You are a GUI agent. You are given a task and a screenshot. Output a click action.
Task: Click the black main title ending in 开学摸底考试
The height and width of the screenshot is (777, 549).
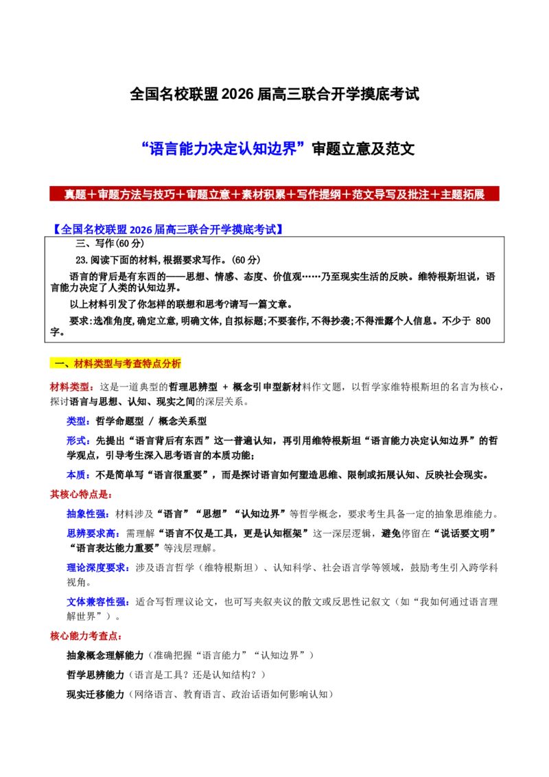pos(274,93)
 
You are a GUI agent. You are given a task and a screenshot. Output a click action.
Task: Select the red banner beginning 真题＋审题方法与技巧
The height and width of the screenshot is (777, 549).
pos(274,194)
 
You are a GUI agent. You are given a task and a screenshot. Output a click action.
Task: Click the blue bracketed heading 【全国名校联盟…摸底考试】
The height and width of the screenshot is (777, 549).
pos(167,229)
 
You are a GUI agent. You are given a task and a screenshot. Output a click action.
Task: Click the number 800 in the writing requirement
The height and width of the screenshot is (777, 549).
pos(482,321)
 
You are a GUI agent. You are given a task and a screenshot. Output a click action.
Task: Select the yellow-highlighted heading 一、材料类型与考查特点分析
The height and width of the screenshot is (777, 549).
pos(115,364)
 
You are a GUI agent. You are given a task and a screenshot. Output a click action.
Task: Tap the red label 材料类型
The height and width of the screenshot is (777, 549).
pos(69,386)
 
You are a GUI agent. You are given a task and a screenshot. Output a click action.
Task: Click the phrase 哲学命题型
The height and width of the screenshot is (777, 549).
pos(119,421)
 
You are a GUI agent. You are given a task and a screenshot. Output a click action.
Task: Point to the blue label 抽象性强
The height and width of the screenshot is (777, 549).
pos(86,514)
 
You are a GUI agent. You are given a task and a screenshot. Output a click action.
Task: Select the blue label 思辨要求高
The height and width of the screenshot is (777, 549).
pos(91,533)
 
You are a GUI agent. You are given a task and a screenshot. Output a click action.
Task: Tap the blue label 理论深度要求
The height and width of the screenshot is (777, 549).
pos(95,568)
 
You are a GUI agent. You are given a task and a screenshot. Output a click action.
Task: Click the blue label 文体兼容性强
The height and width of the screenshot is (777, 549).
pos(95,601)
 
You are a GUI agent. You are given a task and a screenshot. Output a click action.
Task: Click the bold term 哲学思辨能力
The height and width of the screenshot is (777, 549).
pos(95,675)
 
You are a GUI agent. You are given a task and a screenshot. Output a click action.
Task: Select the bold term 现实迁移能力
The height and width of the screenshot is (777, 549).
pos(95,694)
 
